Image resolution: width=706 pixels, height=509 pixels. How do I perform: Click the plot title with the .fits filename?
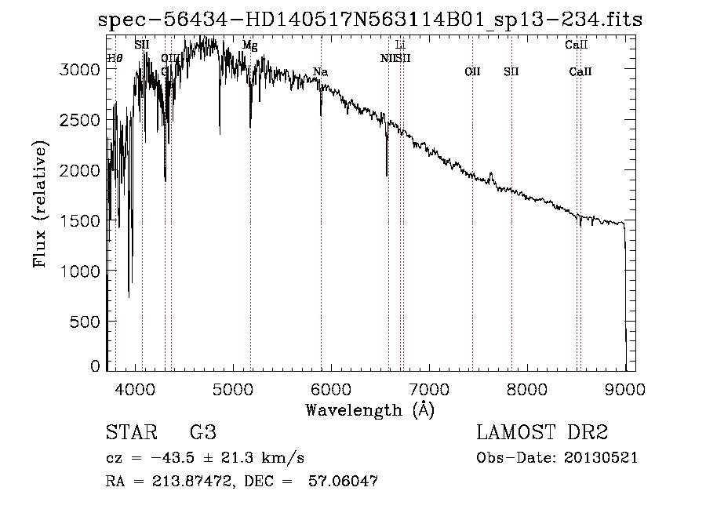tap(370, 20)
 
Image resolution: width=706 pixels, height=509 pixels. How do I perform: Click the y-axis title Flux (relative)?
tap(39, 204)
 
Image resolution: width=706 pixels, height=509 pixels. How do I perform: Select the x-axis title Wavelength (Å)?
tap(369, 409)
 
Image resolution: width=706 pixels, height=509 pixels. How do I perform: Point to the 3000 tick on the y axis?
tap(82, 69)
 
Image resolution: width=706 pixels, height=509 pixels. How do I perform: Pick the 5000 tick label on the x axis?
tap(232, 387)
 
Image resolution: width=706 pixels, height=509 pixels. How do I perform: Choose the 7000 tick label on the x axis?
tap(429, 387)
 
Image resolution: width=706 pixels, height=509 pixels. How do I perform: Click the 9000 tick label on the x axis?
tap(625, 387)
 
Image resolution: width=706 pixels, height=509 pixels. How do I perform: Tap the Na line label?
tap(320, 72)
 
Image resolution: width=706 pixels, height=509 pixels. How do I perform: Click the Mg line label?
tap(249, 45)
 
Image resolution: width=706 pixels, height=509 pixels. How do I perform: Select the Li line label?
tap(400, 45)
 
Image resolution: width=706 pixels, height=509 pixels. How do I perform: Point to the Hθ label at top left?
tap(115, 58)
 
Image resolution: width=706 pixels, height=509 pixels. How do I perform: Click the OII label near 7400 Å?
tap(472, 72)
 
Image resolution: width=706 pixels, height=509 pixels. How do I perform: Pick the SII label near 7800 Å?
tap(511, 72)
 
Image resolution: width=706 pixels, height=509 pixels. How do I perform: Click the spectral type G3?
tap(203, 433)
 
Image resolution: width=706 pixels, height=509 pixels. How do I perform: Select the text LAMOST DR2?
tap(542, 433)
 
